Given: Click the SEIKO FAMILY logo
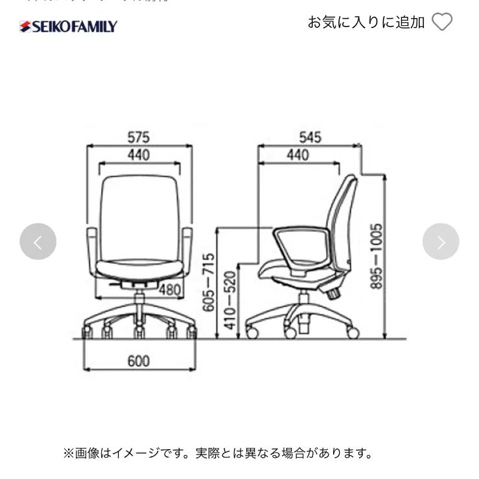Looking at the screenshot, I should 68,27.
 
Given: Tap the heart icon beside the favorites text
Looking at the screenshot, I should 442,22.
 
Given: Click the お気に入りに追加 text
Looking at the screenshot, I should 366,22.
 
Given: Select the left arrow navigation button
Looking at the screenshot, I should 38,242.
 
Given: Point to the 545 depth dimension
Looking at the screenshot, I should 310,137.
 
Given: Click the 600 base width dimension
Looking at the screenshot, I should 138,361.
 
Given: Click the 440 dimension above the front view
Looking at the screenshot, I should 138,155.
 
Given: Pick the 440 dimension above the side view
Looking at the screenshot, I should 298,155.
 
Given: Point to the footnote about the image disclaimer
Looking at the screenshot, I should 218,452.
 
